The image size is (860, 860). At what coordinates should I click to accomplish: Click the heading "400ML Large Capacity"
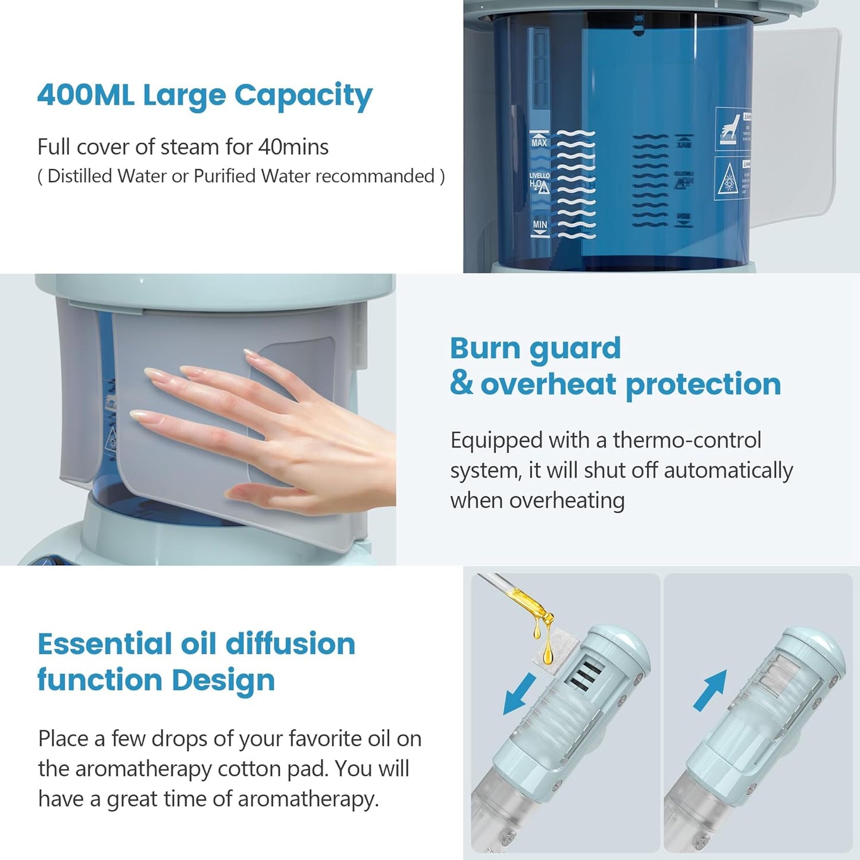click(204, 95)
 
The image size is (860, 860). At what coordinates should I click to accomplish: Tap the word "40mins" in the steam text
click(293, 147)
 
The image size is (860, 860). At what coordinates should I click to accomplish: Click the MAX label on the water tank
click(539, 142)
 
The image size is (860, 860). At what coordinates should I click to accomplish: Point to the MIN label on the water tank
click(540, 225)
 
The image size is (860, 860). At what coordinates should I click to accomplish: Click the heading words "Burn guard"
click(535, 349)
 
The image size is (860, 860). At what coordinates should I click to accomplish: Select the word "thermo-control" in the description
click(687, 440)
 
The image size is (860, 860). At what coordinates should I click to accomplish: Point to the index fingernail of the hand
click(154, 374)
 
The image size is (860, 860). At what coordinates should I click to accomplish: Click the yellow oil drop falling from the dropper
click(548, 651)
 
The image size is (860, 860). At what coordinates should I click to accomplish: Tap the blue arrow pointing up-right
click(711, 690)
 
